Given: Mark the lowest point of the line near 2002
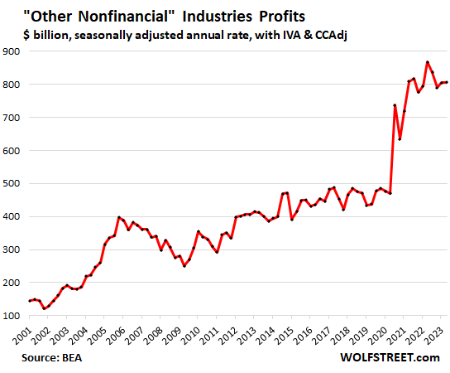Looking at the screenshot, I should pos(45,308).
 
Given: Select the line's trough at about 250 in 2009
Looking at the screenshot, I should pos(184,265).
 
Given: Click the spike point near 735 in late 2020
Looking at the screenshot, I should pos(395,105).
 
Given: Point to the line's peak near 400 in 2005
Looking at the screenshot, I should pos(119,217).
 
